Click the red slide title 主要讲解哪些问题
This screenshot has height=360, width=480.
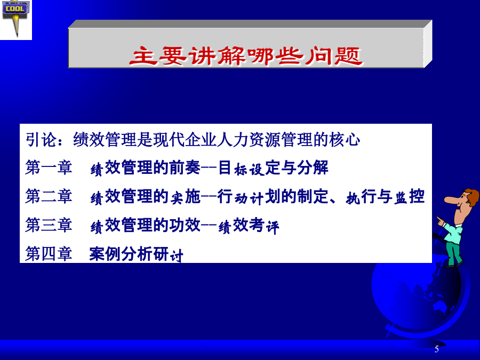click(x=246, y=56)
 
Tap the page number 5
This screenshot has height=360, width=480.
click(x=436, y=349)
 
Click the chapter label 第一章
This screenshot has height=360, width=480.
click(x=49, y=167)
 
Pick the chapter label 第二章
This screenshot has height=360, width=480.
click(x=49, y=196)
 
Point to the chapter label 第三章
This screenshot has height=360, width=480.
click(x=49, y=225)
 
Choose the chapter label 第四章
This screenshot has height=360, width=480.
click(x=49, y=254)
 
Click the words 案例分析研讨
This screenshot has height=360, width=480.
click(x=136, y=254)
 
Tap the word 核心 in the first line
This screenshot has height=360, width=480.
click(x=345, y=140)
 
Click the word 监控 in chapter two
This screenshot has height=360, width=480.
click(x=409, y=196)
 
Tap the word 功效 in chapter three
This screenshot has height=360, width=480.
click(x=185, y=225)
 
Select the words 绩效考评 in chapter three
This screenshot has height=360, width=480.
click(x=249, y=226)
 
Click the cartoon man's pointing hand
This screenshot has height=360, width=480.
click(x=441, y=220)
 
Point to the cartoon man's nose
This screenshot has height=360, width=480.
click(x=451, y=199)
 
